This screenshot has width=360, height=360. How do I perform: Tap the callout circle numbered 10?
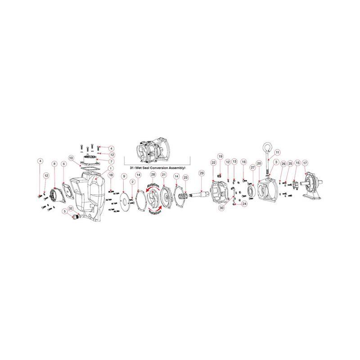click(x=71, y=158)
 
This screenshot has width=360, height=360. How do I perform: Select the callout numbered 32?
click(x=71, y=209)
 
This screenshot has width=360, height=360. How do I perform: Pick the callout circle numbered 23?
click(x=185, y=178)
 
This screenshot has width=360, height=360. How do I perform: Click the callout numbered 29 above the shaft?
click(x=202, y=173)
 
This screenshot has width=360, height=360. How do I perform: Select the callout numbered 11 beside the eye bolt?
click(x=278, y=152)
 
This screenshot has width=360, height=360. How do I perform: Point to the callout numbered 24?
click(x=244, y=204)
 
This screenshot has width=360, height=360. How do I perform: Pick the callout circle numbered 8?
click(x=54, y=164)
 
